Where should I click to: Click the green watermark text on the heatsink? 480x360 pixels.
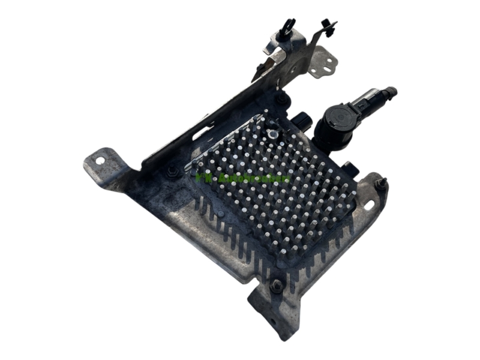(x=243, y=178)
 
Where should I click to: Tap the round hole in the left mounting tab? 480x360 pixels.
(x=100, y=160)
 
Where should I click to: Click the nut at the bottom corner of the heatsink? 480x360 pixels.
(x=277, y=286)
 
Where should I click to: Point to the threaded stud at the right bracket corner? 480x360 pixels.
(x=380, y=182)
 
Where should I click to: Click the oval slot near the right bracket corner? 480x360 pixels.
(x=368, y=205)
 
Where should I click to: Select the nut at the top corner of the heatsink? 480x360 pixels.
(x=281, y=98)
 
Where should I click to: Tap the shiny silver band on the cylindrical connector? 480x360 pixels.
(x=367, y=98)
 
